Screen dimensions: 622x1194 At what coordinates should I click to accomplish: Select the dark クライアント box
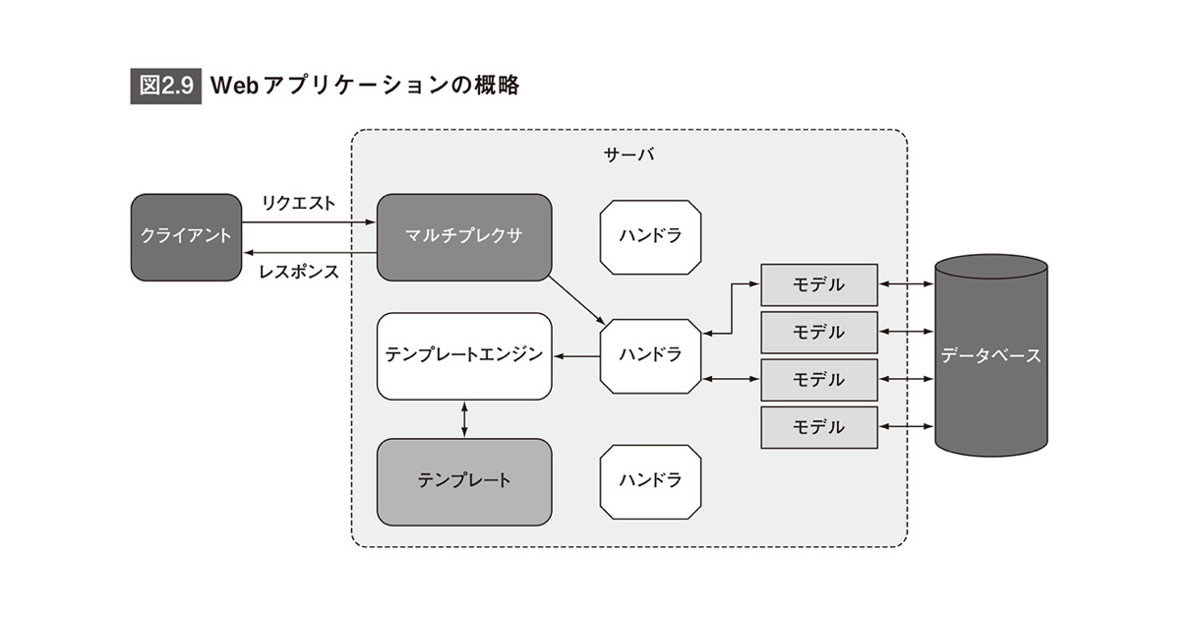[186, 236]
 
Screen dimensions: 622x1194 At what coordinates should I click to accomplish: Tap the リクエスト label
[298, 204]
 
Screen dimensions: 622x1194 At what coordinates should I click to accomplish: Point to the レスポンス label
[298, 272]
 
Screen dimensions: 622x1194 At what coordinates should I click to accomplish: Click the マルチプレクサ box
[463, 236]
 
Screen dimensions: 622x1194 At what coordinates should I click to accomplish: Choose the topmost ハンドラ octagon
[650, 236]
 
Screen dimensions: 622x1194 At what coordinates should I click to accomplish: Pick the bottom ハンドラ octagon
[650, 480]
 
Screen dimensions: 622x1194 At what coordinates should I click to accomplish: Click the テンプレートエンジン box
[463, 355]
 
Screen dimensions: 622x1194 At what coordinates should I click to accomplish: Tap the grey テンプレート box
[463, 480]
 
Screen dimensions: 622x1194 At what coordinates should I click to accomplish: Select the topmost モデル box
[818, 284]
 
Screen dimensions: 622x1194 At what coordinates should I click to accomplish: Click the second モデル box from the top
[818, 332]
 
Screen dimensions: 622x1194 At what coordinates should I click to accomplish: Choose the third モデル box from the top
[818, 379]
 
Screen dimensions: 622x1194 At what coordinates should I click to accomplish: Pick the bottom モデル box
[818, 427]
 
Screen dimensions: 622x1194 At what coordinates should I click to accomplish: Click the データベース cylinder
[990, 355]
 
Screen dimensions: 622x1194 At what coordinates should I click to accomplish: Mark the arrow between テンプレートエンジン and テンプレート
[464, 418]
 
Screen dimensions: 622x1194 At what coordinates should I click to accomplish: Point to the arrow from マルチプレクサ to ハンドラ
[576, 299]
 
